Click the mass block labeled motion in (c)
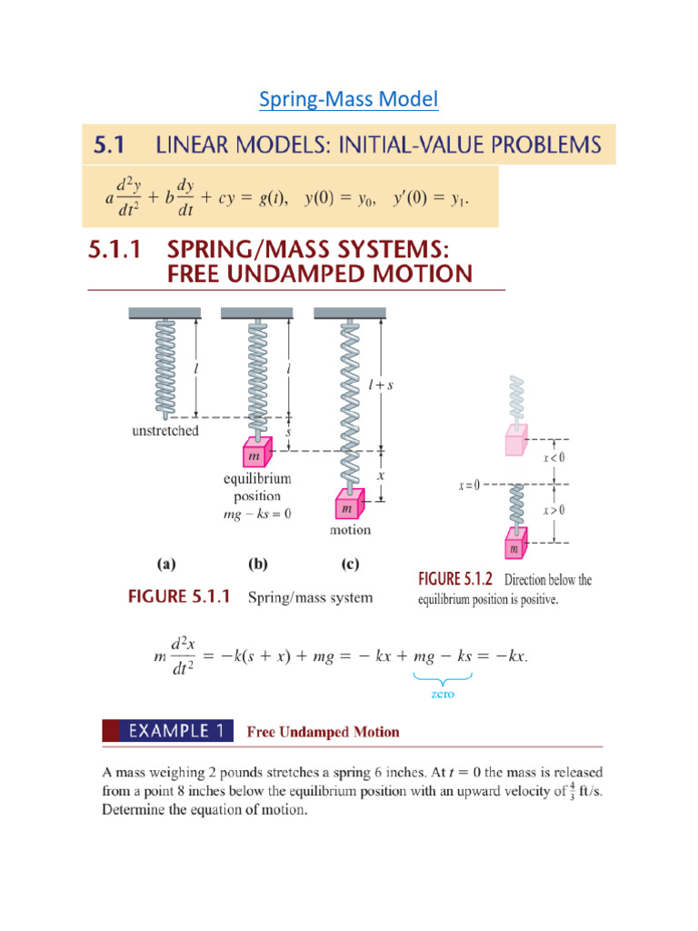[x=350, y=504]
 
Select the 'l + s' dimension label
[x=380, y=385]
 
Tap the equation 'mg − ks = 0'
[x=258, y=514]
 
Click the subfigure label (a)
[x=166, y=564]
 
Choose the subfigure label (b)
[x=257, y=564]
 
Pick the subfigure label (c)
[x=350, y=564]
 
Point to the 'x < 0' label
[x=554, y=458]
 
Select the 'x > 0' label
[x=554, y=510]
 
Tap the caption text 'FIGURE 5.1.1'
[x=179, y=597]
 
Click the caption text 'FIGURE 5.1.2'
[x=456, y=579]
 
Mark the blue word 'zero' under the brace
[x=444, y=694]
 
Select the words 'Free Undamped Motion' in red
[x=324, y=732]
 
